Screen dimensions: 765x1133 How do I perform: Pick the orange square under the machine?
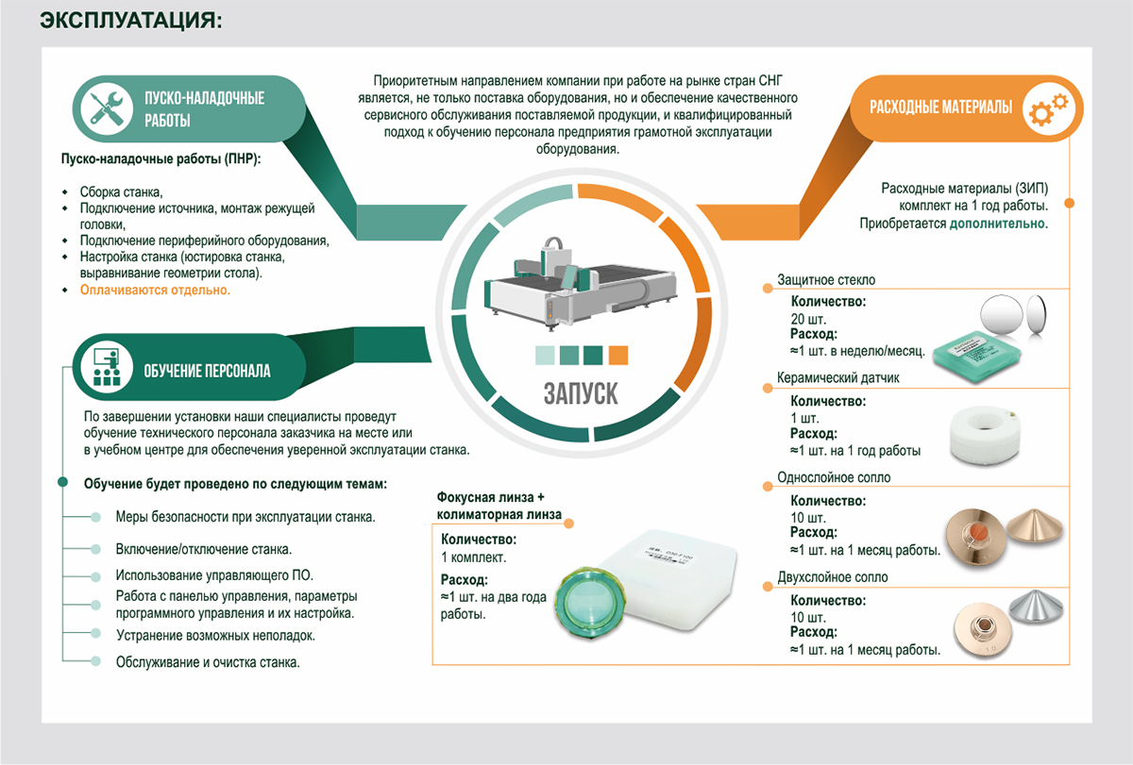tap(618, 355)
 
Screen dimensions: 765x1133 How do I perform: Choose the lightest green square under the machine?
tap(545, 355)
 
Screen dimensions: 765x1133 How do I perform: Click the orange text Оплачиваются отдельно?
tap(155, 291)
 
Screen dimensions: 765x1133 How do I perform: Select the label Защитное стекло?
tap(826, 280)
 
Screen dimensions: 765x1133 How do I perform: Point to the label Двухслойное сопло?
tap(833, 577)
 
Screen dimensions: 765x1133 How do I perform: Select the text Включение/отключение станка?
tap(203, 548)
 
